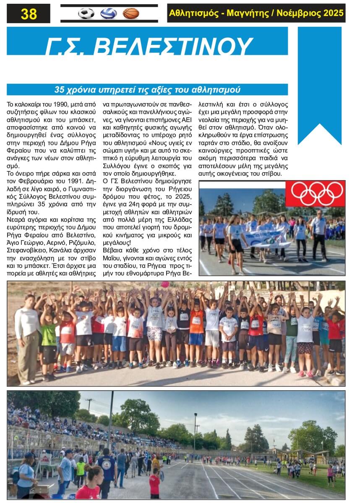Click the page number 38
point(29,14)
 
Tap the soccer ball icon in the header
point(86,13)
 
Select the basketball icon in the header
point(131,13)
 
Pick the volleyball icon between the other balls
point(108,13)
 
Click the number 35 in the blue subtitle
point(60,90)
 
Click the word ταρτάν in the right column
point(208,143)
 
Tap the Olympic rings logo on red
point(315,194)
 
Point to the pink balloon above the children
point(164,284)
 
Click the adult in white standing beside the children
point(27,335)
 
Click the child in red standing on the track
point(155,483)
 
